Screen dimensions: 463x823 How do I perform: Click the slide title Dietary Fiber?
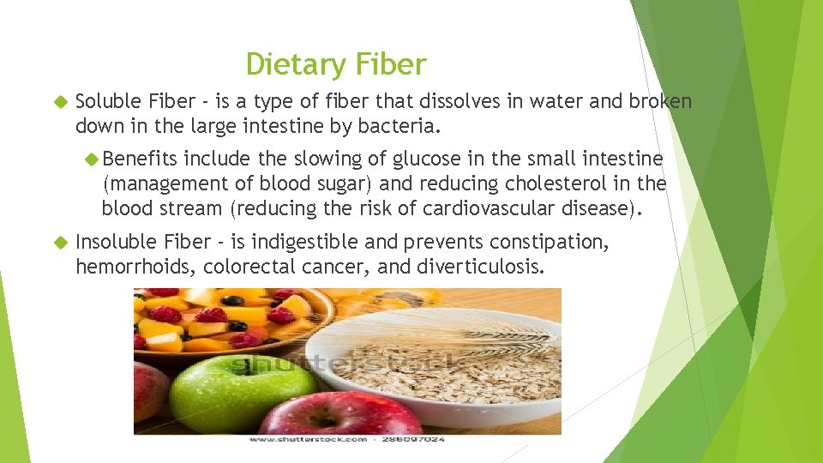click(x=335, y=64)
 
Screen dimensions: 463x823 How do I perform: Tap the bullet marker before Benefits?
click(x=93, y=159)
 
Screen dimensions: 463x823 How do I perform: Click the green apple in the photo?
click(x=219, y=391)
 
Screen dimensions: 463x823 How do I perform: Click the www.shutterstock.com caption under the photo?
click(x=308, y=439)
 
